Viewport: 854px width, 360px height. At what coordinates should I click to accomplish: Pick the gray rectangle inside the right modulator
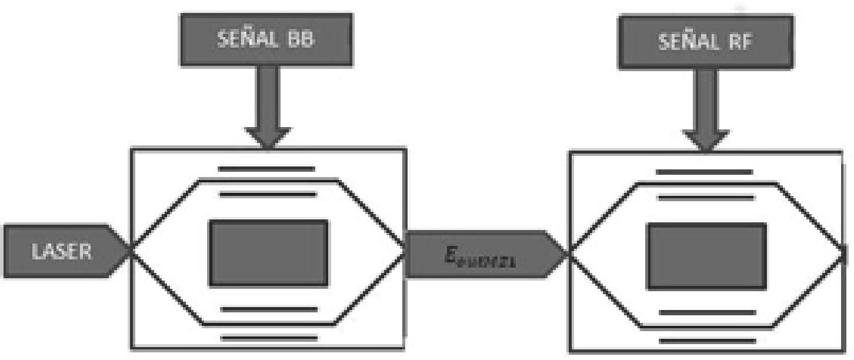706,255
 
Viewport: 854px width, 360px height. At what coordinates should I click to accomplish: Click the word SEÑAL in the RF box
680,43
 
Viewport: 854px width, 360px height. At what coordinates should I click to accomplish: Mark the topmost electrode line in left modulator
266,169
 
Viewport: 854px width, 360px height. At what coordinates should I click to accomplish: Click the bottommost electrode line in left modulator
269,338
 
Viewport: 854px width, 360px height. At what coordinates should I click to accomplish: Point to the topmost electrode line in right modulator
704,172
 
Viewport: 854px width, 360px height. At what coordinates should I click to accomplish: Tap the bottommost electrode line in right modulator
706,341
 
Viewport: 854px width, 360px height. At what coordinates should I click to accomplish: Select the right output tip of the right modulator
845,254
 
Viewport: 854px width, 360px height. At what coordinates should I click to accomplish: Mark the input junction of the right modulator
568,255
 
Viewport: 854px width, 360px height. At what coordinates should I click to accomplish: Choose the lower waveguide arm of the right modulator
706,327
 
